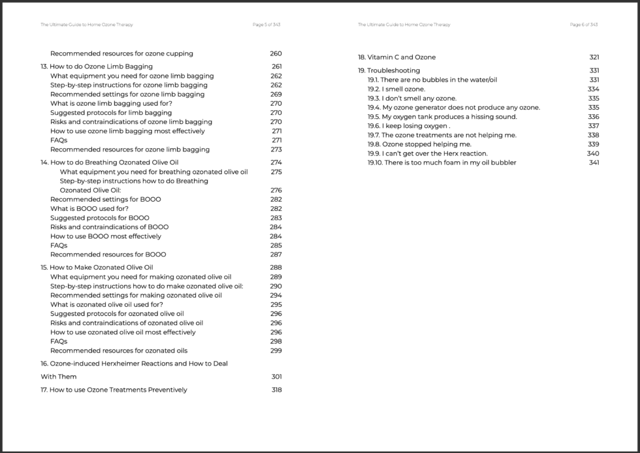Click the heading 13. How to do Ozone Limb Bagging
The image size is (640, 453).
(97, 67)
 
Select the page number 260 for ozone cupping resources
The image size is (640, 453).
(276, 54)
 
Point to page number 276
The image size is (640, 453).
(276, 190)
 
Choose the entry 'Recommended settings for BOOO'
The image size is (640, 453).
(105, 199)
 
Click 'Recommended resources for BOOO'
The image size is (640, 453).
(108, 255)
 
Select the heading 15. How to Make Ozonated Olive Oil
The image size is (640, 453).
(97, 268)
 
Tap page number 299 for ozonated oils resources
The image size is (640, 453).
(276, 351)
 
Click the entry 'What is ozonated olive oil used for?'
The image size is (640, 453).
(106, 304)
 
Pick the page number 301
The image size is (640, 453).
(276, 377)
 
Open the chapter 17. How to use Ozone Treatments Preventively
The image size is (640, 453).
(114, 390)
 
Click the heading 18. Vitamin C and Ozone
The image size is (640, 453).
(396, 57)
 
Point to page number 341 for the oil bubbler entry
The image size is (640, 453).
(594, 163)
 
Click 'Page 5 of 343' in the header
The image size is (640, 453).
(266, 25)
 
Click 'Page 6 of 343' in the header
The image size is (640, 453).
(584, 25)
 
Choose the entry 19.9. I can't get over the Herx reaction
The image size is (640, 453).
(427, 153)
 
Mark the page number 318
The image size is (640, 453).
(276, 390)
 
